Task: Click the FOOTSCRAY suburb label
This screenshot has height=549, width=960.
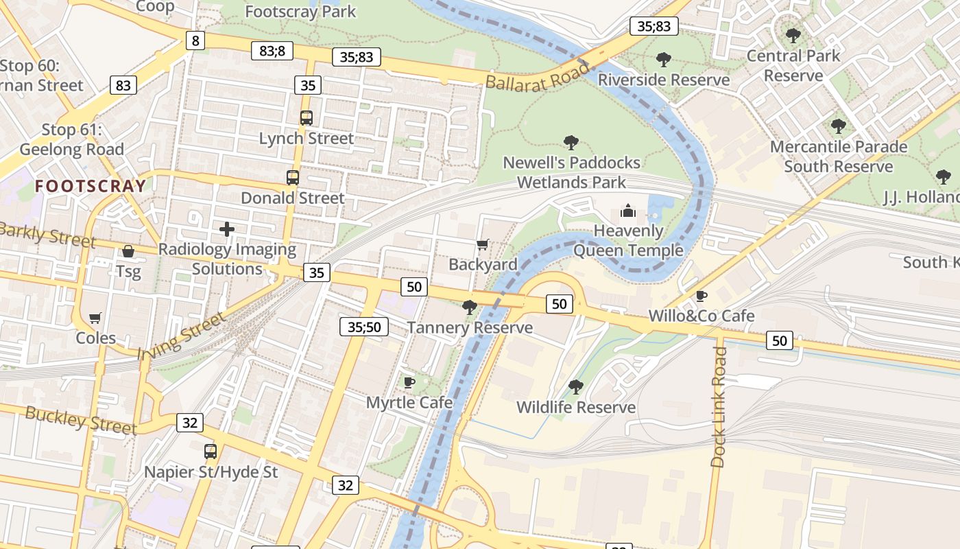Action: pyautogui.click(x=91, y=186)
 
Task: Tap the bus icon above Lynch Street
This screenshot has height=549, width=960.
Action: pyautogui.click(x=307, y=118)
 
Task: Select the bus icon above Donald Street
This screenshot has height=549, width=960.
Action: pyautogui.click(x=293, y=178)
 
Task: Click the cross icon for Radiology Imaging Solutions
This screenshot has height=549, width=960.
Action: pyautogui.click(x=227, y=229)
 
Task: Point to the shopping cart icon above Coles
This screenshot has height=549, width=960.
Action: pyautogui.click(x=95, y=318)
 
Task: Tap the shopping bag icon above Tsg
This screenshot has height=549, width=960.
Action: pyautogui.click(x=128, y=252)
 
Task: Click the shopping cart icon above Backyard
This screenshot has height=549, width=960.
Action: pyautogui.click(x=483, y=245)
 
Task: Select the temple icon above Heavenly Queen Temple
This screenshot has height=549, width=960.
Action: pyautogui.click(x=628, y=211)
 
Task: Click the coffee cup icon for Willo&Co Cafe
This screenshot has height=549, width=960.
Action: pyautogui.click(x=701, y=296)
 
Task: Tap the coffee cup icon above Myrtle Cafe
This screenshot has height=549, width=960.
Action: pyautogui.click(x=409, y=382)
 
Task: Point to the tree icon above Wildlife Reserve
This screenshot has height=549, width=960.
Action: pyautogui.click(x=576, y=387)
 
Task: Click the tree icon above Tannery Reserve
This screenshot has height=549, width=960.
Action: pyautogui.click(x=470, y=307)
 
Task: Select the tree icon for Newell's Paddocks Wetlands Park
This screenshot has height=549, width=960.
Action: pyautogui.click(x=571, y=143)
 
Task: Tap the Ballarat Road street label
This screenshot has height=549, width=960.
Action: pyautogui.click(x=538, y=75)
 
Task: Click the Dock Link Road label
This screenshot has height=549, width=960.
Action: pyautogui.click(x=719, y=407)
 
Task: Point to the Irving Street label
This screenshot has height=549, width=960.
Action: pyautogui.click(x=182, y=336)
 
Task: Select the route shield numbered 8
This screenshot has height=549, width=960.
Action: pyautogui.click(x=195, y=40)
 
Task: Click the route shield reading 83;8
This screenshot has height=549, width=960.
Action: pyautogui.click(x=272, y=50)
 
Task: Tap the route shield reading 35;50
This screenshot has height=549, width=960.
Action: pyautogui.click(x=363, y=327)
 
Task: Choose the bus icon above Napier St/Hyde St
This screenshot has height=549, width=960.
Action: pyautogui.click(x=211, y=452)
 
